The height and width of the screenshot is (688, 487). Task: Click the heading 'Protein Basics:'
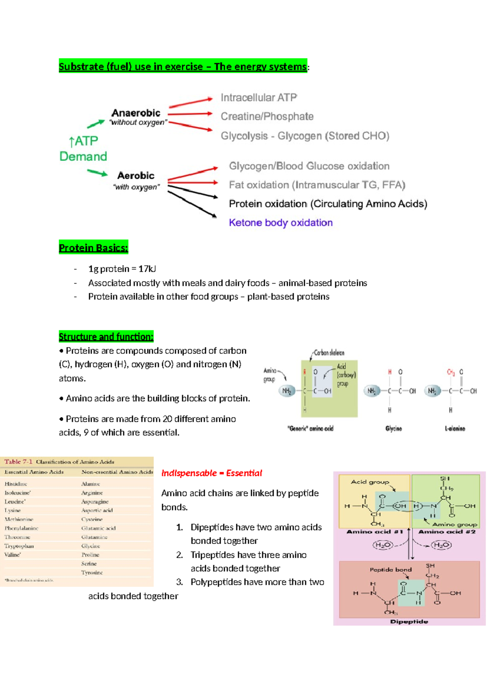93,248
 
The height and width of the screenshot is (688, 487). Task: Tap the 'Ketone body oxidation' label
280,223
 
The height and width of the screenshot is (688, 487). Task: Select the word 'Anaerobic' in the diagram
136,113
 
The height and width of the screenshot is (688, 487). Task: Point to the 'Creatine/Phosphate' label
267,116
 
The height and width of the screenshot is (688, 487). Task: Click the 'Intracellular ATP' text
259,97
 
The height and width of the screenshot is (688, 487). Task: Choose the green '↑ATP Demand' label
83,148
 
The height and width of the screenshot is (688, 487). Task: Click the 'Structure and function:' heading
106,337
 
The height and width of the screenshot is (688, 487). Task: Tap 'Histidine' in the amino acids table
16,484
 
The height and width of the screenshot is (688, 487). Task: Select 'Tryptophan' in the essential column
19,546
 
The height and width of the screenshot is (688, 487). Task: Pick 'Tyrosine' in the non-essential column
92,572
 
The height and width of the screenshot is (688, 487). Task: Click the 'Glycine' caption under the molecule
393,428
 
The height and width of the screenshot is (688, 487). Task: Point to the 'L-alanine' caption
455,428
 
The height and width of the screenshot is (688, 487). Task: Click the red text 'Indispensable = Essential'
211,473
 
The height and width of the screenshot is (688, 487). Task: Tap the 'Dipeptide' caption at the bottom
409,621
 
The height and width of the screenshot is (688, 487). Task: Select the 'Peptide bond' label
390,570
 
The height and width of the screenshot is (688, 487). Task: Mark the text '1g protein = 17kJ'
122,269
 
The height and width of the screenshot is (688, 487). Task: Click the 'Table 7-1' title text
18,462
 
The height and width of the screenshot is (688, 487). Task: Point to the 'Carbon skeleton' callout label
329,353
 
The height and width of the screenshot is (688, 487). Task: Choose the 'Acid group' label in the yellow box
370,482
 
